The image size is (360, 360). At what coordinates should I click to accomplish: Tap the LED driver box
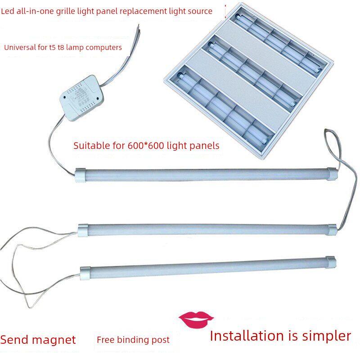click(81, 98)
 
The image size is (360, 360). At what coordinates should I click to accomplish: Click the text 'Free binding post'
click(133, 340)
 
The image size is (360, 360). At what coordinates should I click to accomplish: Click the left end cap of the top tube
click(81, 175)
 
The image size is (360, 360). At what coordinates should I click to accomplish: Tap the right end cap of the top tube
click(332, 174)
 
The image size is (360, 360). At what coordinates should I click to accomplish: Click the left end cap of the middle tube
click(83, 230)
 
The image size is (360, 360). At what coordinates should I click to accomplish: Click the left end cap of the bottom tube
click(85, 273)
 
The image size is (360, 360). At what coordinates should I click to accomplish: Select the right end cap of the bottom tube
click(331, 262)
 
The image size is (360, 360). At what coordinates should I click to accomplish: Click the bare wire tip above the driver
click(138, 26)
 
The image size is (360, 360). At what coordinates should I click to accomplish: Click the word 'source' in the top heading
click(200, 11)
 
